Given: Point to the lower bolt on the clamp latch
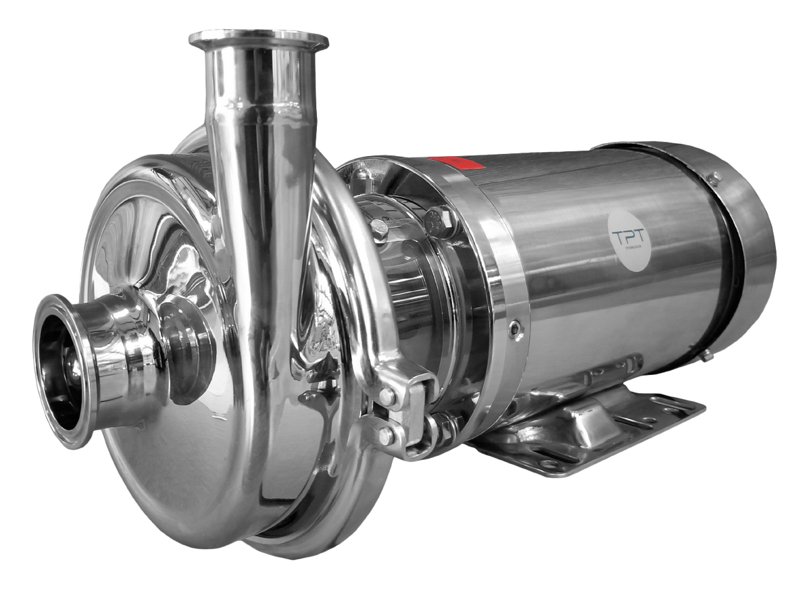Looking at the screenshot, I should pyautogui.click(x=385, y=437).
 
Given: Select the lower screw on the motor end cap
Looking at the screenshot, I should pyautogui.click(x=705, y=355).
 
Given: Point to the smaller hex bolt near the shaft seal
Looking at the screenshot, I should pyautogui.click(x=380, y=230).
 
